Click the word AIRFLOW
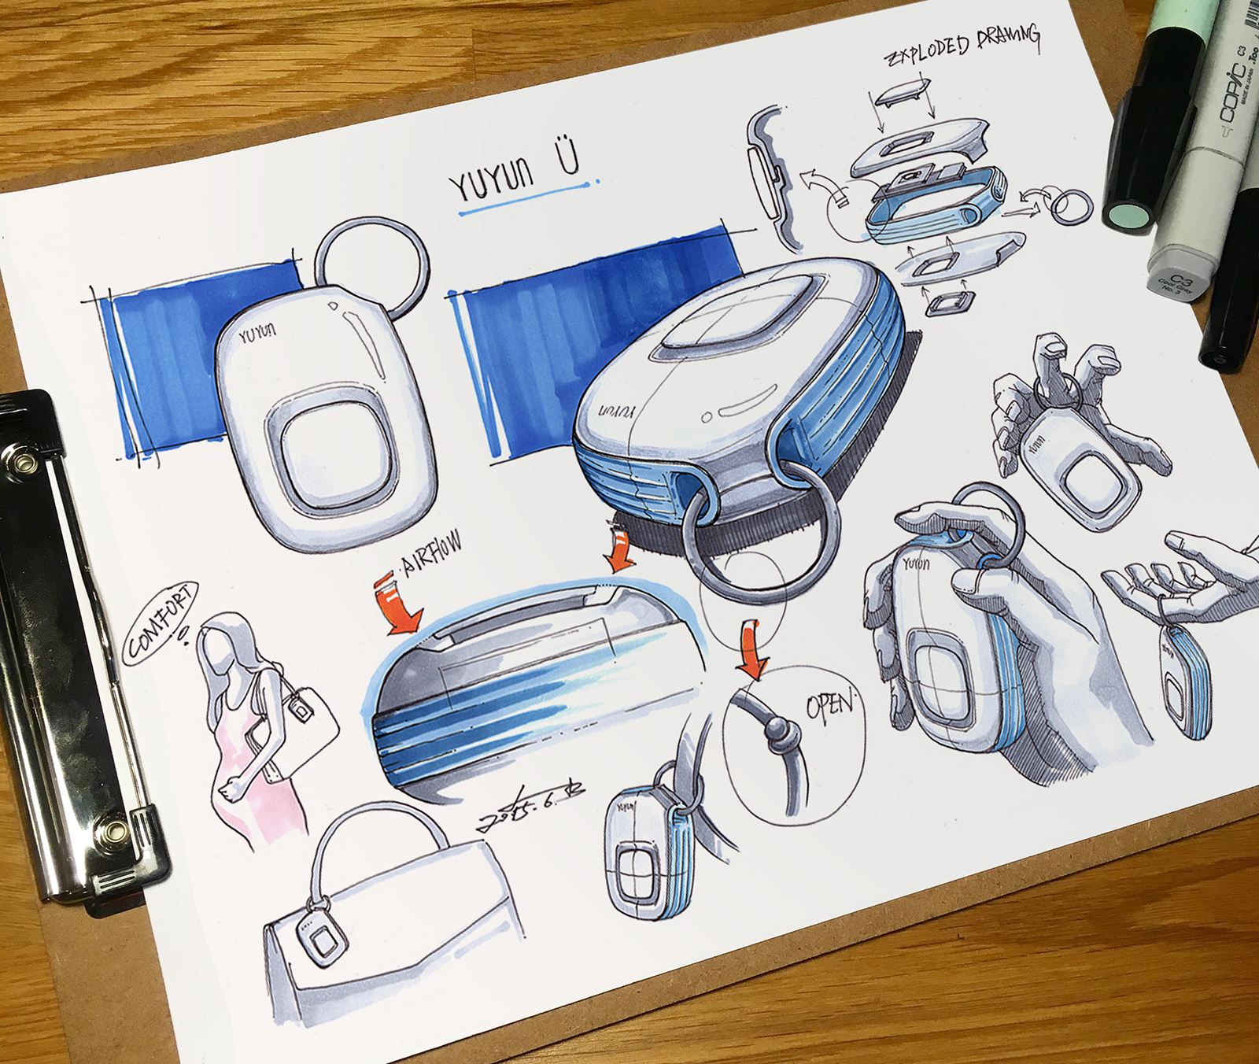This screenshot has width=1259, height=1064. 431,552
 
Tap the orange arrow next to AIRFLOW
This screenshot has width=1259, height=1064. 400,605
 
